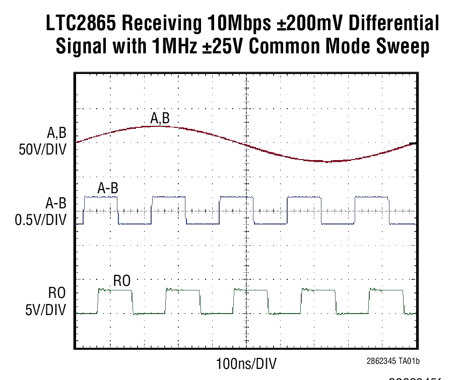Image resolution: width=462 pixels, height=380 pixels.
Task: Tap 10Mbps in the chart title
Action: tap(230, 24)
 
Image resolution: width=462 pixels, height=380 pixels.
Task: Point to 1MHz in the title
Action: tap(173, 47)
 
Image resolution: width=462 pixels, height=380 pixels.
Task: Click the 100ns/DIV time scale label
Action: tap(246, 363)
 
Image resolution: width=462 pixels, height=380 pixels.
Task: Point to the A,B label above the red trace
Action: tap(160, 118)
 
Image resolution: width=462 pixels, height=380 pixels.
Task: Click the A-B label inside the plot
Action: tap(107, 189)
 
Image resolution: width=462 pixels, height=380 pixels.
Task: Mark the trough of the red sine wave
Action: tap(326, 161)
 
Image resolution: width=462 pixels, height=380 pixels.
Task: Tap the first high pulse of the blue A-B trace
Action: tap(100, 197)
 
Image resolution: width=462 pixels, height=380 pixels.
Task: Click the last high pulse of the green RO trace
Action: tap(387, 289)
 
